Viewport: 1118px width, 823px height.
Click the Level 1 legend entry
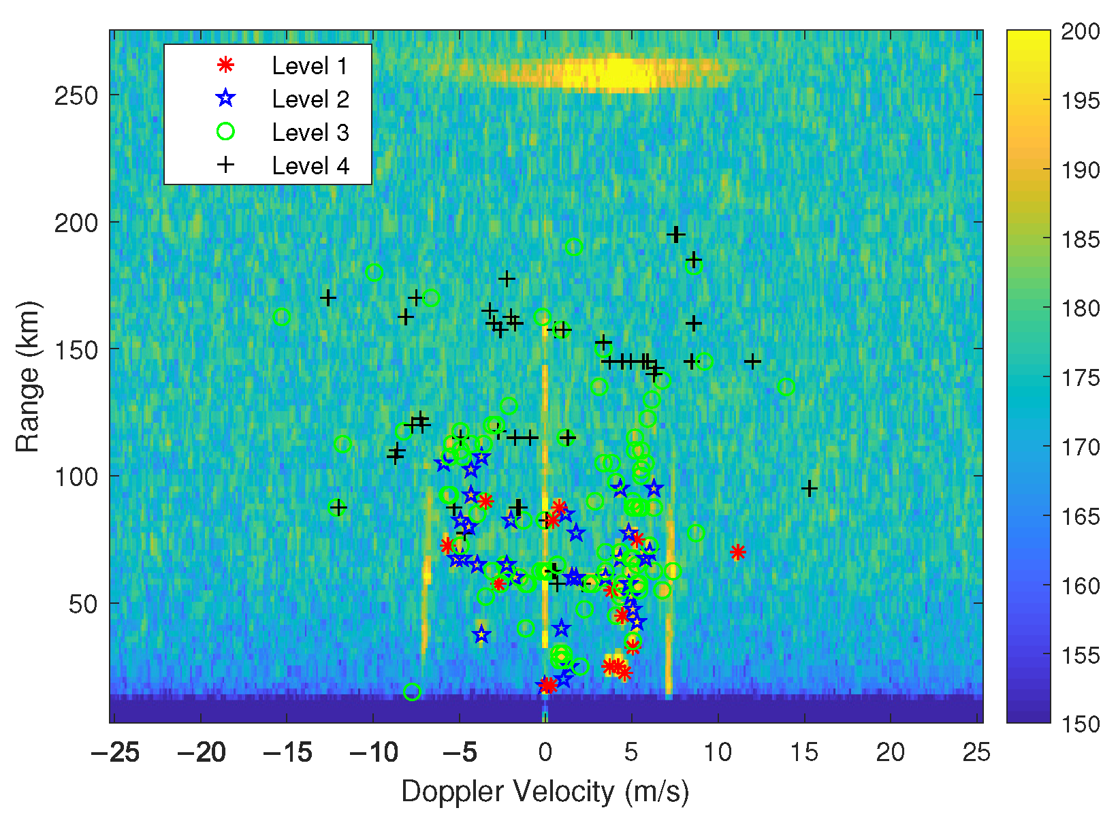(x=309, y=66)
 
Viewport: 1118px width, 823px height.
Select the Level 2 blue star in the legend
(x=225, y=99)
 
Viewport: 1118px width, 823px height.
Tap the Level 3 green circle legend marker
(x=225, y=132)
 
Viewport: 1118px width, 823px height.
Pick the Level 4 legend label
(x=310, y=165)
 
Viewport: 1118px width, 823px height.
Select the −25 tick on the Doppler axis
(x=115, y=753)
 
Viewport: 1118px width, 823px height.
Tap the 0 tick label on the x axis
(x=545, y=753)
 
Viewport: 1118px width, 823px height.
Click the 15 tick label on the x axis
(x=804, y=753)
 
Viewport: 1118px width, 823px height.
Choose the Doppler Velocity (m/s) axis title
(x=545, y=792)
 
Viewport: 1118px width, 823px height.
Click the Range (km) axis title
(x=28, y=376)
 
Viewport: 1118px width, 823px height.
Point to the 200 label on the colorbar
(x=1081, y=31)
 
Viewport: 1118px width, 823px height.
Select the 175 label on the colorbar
(x=1081, y=378)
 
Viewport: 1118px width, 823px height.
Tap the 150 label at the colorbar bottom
(x=1081, y=724)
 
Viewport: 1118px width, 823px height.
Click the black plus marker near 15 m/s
(x=809, y=488)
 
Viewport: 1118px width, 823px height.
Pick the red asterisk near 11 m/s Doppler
(x=737, y=552)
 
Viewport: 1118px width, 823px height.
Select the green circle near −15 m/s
(x=282, y=317)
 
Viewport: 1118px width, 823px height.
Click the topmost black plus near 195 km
(x=675, y=235)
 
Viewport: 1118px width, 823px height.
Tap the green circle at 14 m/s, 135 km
(x=786, y=387)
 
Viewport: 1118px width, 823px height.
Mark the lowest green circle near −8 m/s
(x=412, y=692)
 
